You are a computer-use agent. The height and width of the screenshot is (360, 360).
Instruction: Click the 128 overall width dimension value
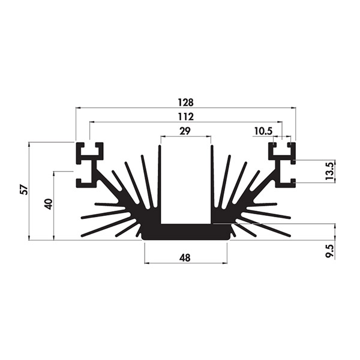[x=186, y=103]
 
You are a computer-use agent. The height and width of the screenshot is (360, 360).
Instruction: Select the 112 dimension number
[x=186, y=117]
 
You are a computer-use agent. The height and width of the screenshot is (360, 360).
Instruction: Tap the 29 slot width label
[x=185, y=131]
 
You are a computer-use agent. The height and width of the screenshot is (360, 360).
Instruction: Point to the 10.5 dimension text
[x=263, y=131]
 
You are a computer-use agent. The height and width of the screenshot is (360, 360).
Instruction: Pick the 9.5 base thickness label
[x=329, y=251]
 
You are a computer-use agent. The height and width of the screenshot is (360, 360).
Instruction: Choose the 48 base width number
[x=185, y=258]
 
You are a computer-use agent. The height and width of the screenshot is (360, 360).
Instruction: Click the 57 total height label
[x=25, y=190]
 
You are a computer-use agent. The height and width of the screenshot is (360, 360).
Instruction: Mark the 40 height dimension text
[x=49, y=204]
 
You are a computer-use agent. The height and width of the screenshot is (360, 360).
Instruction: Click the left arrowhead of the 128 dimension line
[x=78, y=107]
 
